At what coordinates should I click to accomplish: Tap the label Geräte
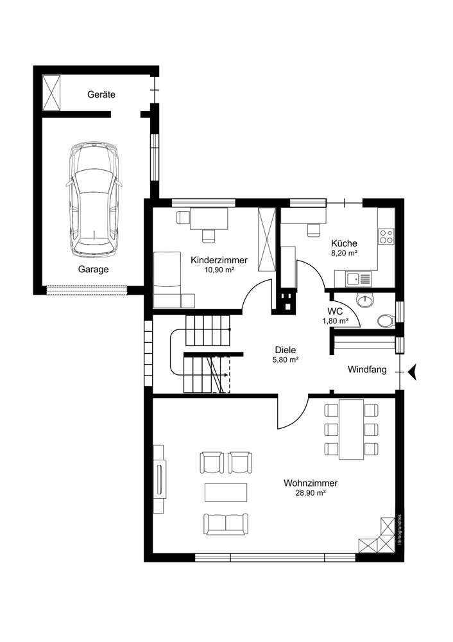coord(101,94)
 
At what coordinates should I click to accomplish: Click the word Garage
coord(94,270)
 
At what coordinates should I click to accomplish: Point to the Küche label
coord(344,244)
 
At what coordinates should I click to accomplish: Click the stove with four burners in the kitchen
coord(386,236)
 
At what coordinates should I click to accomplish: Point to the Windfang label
coord(366,370)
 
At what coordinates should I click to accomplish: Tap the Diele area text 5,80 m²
coord(286,361)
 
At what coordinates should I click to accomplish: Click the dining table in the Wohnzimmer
coord(350,429)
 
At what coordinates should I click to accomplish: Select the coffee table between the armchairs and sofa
coord(226,492)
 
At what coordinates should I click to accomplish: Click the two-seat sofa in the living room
coord(226,523)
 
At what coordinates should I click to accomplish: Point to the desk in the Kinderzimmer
coord(212,220)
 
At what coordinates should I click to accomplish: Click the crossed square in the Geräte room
coord(52,94)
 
